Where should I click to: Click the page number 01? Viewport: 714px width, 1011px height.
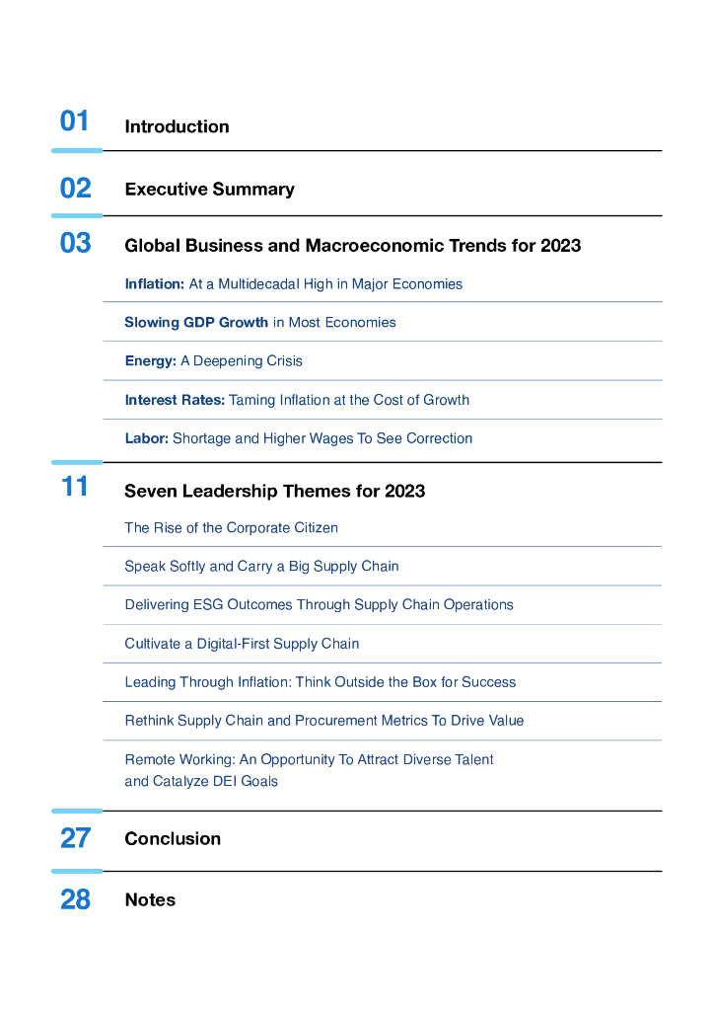click(75, 121)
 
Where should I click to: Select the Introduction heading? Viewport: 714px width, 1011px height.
click(177, 126)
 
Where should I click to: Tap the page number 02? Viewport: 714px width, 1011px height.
click(75, 189)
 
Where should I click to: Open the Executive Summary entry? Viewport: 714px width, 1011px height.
click(209, 190)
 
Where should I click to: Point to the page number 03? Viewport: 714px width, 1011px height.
click(75, 243)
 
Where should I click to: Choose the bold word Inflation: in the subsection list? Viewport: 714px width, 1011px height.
click(154, 284)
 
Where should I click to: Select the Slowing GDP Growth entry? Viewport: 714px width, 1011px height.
click(196, 323)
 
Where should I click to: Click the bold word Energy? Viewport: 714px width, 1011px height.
click(150, 361)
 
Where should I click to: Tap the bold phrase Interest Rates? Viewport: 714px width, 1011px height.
click(175, 400)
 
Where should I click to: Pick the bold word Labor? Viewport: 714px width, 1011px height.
click(147, 438)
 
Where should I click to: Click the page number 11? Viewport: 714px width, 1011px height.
click(75, 487)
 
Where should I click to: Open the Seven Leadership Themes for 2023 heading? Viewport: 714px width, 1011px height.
click(274, 491)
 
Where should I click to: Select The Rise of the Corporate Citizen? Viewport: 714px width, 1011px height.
click(231, 528)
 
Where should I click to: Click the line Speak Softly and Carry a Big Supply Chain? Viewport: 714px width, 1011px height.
click(261, 567)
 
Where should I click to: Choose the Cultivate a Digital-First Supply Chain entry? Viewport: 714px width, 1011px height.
click(242, 644)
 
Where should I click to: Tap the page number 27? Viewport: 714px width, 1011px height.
click(75, 838)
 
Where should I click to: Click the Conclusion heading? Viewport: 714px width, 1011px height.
click(173, 839)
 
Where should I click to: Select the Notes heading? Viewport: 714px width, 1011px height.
click(150, 900)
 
